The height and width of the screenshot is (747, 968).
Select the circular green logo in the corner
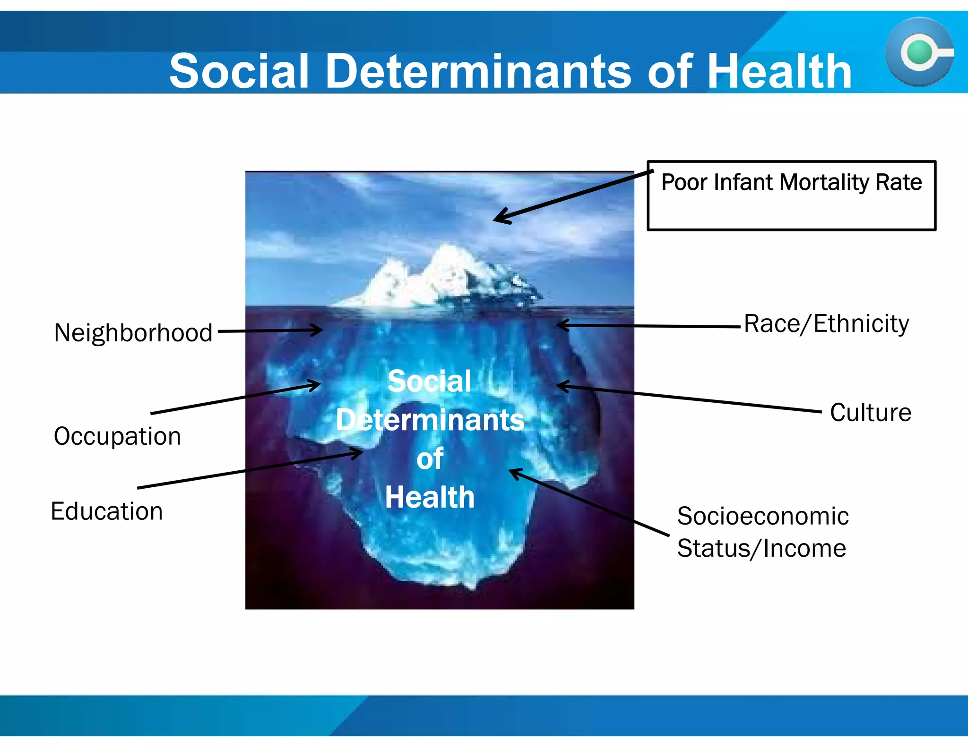pyautogui.click(x=919, y=52)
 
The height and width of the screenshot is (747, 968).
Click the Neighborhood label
pyautogui.click(x=133, y=332)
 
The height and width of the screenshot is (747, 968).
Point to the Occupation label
pyautogui.click(x=117, y=436)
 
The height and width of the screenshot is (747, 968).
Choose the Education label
pyautogui.click(x=107, y=511)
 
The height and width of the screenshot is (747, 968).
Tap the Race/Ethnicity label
pyautogui.click(x=826, y=324)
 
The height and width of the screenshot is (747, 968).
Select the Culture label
pyautogui.click(x=871, y=412)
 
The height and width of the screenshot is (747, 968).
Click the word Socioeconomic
pyautogui.click(x=762, y=516)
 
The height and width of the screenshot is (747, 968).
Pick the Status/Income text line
pyautogui.click(x=761, y=548)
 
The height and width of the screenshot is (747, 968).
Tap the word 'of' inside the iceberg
pyautogui.click(x=430, y=458)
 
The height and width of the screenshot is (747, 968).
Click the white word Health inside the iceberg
pyautogui.click(x=430, y=497)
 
